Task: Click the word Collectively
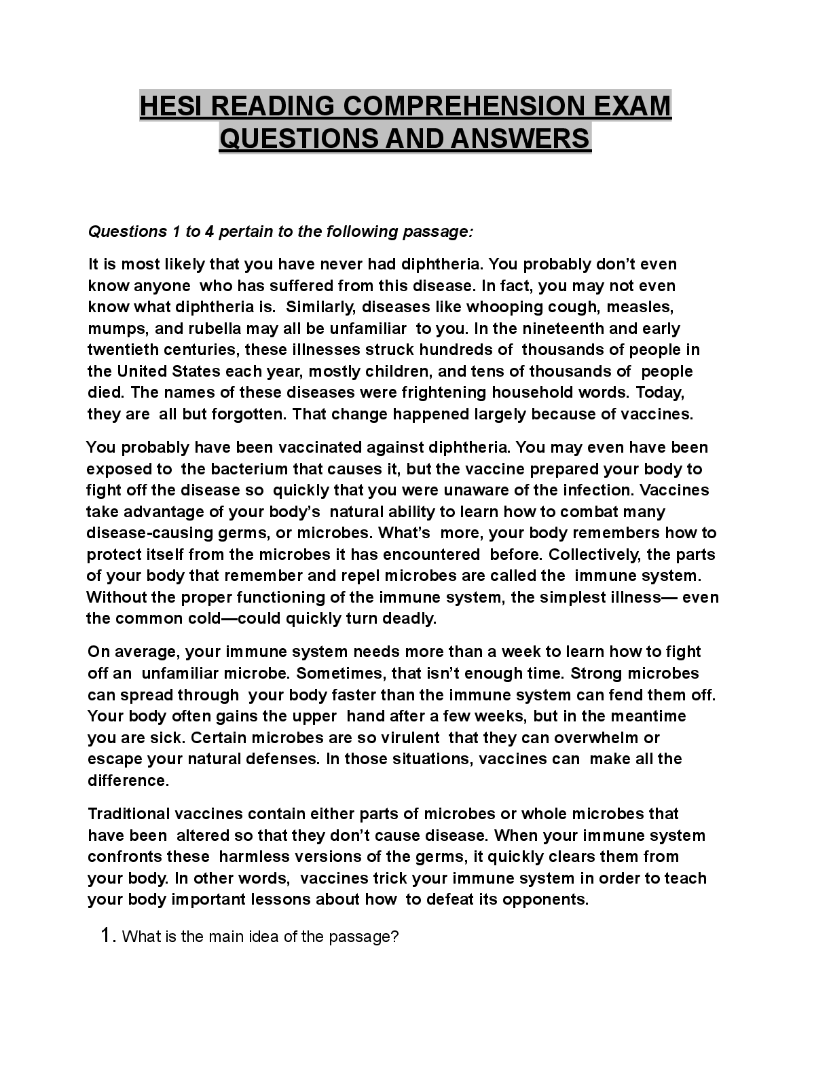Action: [x=593, y=554]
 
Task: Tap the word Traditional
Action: [x=129, y=814]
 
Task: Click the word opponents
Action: [x=548, y=899]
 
